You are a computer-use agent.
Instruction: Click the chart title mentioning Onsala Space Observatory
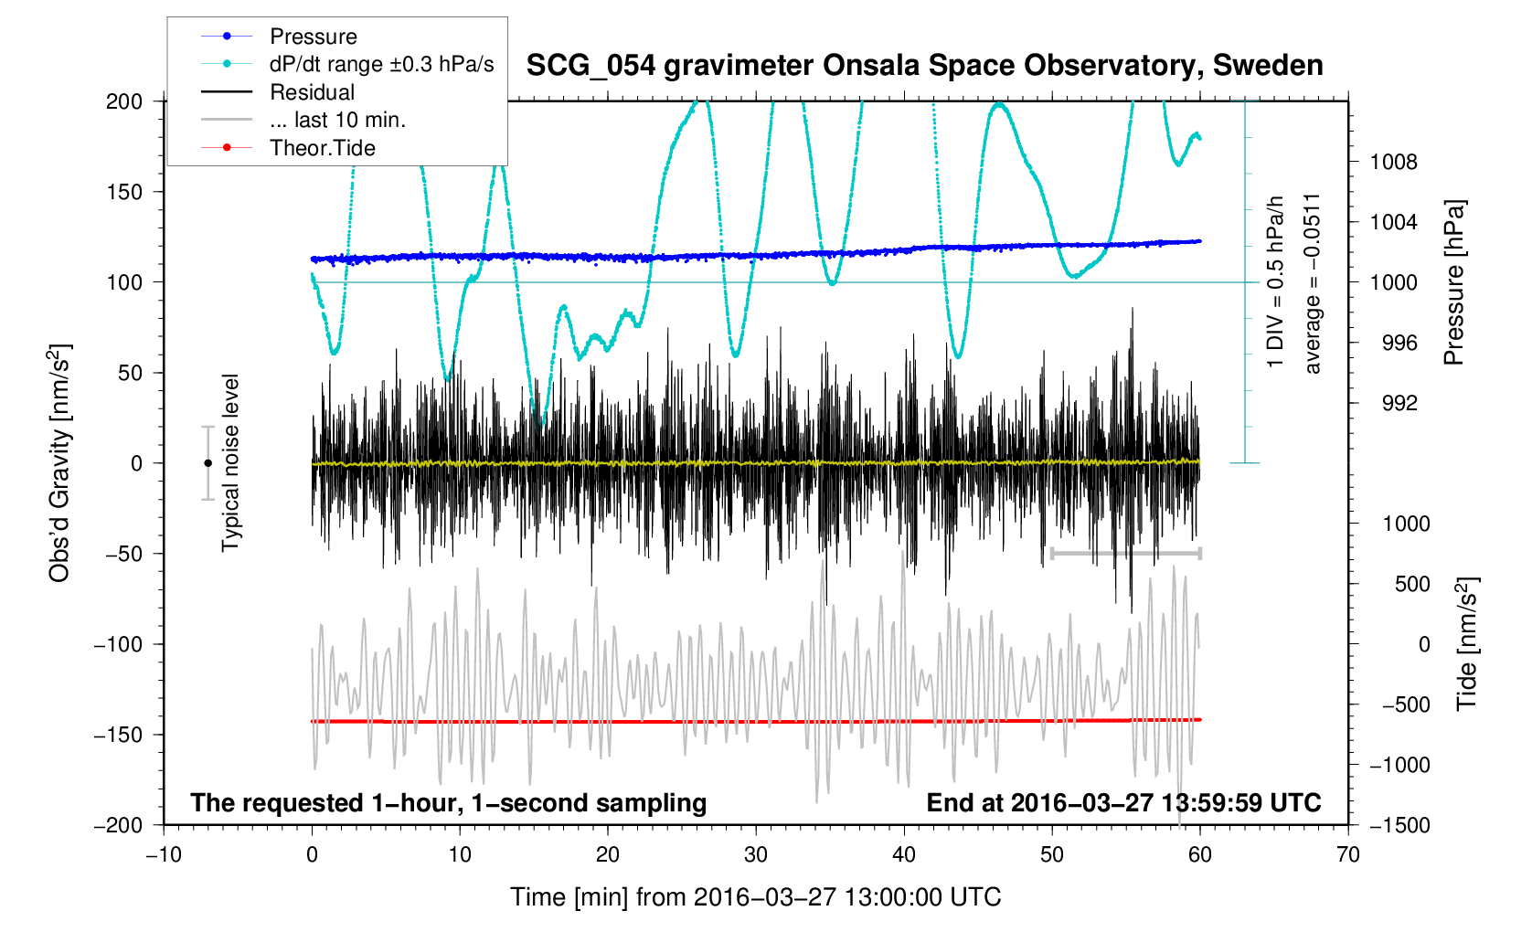(924, 66)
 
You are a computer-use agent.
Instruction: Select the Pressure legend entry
(314, 37)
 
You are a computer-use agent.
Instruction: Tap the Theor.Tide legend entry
(322, 148)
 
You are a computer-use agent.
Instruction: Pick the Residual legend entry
(312, 92)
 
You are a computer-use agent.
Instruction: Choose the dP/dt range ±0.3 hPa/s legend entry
(381, 64)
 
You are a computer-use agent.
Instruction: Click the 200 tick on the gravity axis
(124, 101)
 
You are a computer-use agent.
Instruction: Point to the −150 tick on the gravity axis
(119, 735)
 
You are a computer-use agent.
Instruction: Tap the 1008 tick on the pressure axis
(1393, 163)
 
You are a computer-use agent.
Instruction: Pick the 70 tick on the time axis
(1347, 854)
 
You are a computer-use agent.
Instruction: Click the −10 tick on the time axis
(164, 854)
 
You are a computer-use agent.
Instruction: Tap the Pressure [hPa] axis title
(1453, 282)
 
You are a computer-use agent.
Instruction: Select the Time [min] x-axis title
(755, 897)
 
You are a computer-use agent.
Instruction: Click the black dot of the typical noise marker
(207, 463)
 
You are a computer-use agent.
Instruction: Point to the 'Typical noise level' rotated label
(230, 462)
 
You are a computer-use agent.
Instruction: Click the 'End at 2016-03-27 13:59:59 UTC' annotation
(1123, 803)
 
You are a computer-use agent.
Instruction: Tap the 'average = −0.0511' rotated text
(1313, 283)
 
